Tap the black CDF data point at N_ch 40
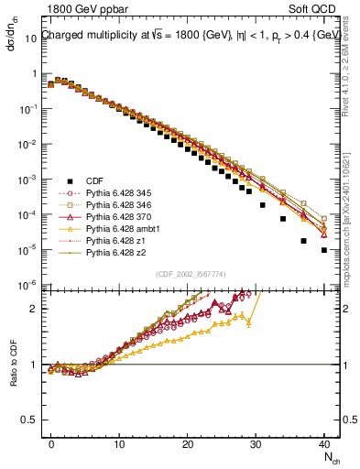(323, 249)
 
